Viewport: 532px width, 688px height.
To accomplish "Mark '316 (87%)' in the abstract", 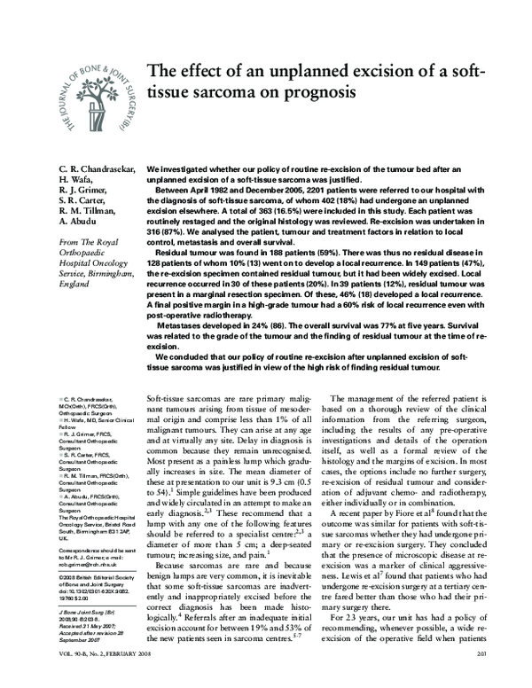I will pyautogui.click(x=167, y=231).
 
